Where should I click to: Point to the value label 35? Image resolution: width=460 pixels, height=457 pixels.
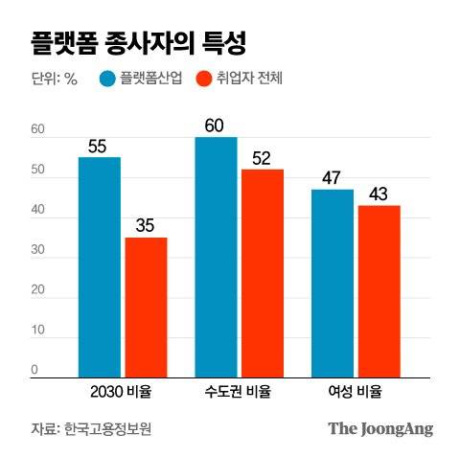[x=146, y=227]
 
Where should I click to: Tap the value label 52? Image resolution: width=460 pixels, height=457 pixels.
[x=263, y=158]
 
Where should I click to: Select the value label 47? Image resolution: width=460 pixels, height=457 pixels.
[x=333, y=178]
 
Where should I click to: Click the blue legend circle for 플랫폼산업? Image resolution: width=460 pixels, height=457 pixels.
[x=107, y=80]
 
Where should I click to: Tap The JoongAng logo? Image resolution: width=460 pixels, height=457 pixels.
[x=380, y=428]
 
